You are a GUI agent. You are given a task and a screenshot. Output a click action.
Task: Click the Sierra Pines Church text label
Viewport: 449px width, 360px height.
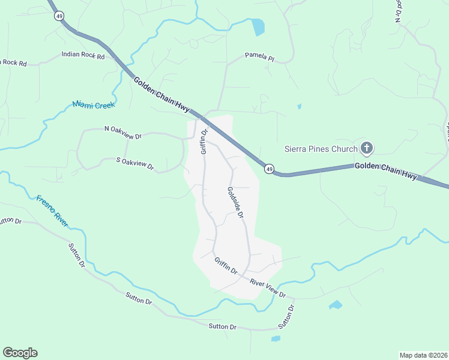(x=321, y=148)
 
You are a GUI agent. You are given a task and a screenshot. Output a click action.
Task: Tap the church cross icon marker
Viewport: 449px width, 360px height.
(x=367, y=148)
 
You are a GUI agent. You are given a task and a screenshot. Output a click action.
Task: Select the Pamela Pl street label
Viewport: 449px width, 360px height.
(x=259, y=58)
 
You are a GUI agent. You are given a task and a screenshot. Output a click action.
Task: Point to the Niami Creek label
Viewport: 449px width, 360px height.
(x=93, y=104)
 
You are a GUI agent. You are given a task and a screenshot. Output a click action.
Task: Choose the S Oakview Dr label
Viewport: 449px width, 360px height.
(x=135, y=163)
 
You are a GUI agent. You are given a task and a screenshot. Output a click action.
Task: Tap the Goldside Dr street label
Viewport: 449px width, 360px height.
(x=235, y=202)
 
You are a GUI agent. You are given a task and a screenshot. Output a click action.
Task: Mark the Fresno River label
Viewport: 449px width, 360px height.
(x=52, y=211)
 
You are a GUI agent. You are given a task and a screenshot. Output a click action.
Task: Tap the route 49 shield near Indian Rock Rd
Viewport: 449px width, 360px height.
(x=58, y=16)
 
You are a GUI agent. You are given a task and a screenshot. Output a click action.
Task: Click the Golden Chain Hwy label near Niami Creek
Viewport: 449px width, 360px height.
(x=161, y=94)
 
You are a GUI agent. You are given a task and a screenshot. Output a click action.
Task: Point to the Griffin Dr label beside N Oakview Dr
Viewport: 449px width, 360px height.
(x=204, y=141)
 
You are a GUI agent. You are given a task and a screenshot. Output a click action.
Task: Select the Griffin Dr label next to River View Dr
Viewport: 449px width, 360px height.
(x=226, y=265)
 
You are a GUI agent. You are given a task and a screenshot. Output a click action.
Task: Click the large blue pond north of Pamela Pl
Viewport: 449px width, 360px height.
(x=258, y=27)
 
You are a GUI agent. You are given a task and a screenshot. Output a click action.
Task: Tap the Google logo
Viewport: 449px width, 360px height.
(x=20, y=353)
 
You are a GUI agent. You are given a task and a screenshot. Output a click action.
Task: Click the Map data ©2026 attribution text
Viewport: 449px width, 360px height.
(x=424, y=355)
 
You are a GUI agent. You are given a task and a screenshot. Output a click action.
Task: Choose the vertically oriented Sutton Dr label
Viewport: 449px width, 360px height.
(x=287, y=316)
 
